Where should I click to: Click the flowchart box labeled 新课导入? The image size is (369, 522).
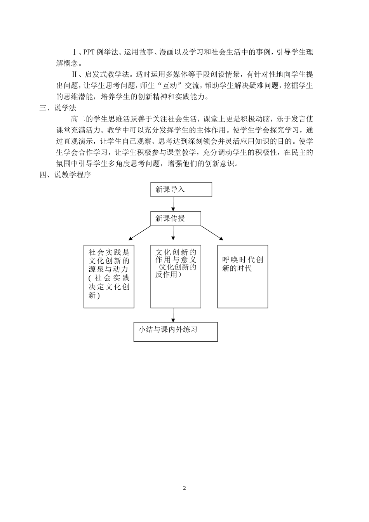coord(181,190)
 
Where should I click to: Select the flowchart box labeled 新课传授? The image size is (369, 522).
coord(176,219)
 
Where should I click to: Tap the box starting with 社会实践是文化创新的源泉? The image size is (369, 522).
coord(109,277)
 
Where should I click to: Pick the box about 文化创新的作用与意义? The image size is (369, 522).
coord(176,277)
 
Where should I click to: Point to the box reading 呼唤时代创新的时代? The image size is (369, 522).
coord(242,277)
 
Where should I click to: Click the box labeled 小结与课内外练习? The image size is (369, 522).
coord(176,332)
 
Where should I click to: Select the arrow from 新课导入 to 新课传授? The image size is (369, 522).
coord(173,204)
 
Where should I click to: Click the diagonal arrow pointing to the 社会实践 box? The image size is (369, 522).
coord(139,233)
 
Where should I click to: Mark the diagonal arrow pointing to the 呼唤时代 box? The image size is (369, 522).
coord(212,233)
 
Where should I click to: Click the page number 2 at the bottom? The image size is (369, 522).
coord(184,488)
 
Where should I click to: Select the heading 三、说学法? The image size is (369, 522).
coord(58,108)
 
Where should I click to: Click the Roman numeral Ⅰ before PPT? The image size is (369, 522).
coord(75,52)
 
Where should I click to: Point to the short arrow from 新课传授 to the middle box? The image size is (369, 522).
coord(173,232)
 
